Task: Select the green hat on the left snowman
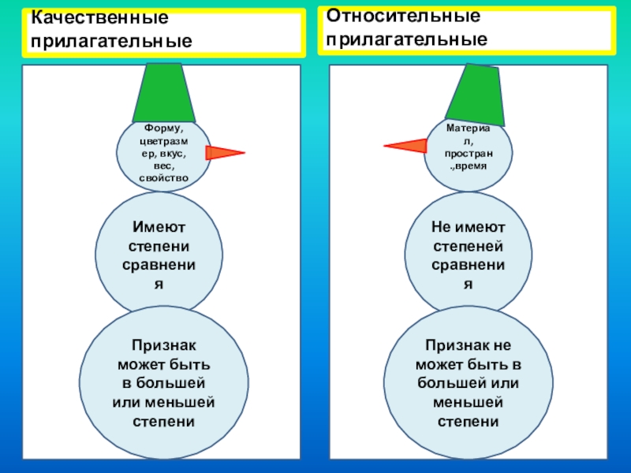coord(163,91)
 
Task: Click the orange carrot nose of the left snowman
coord(224,153)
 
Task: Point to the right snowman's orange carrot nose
coord(405,145)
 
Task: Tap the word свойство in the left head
coord(163,178)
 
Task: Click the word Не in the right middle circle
coord(441,227)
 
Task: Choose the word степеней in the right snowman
coord(469,246)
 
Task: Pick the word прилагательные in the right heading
coord(407,38)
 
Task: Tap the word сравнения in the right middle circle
coord(469,265)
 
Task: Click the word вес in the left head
coord(162,166)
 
